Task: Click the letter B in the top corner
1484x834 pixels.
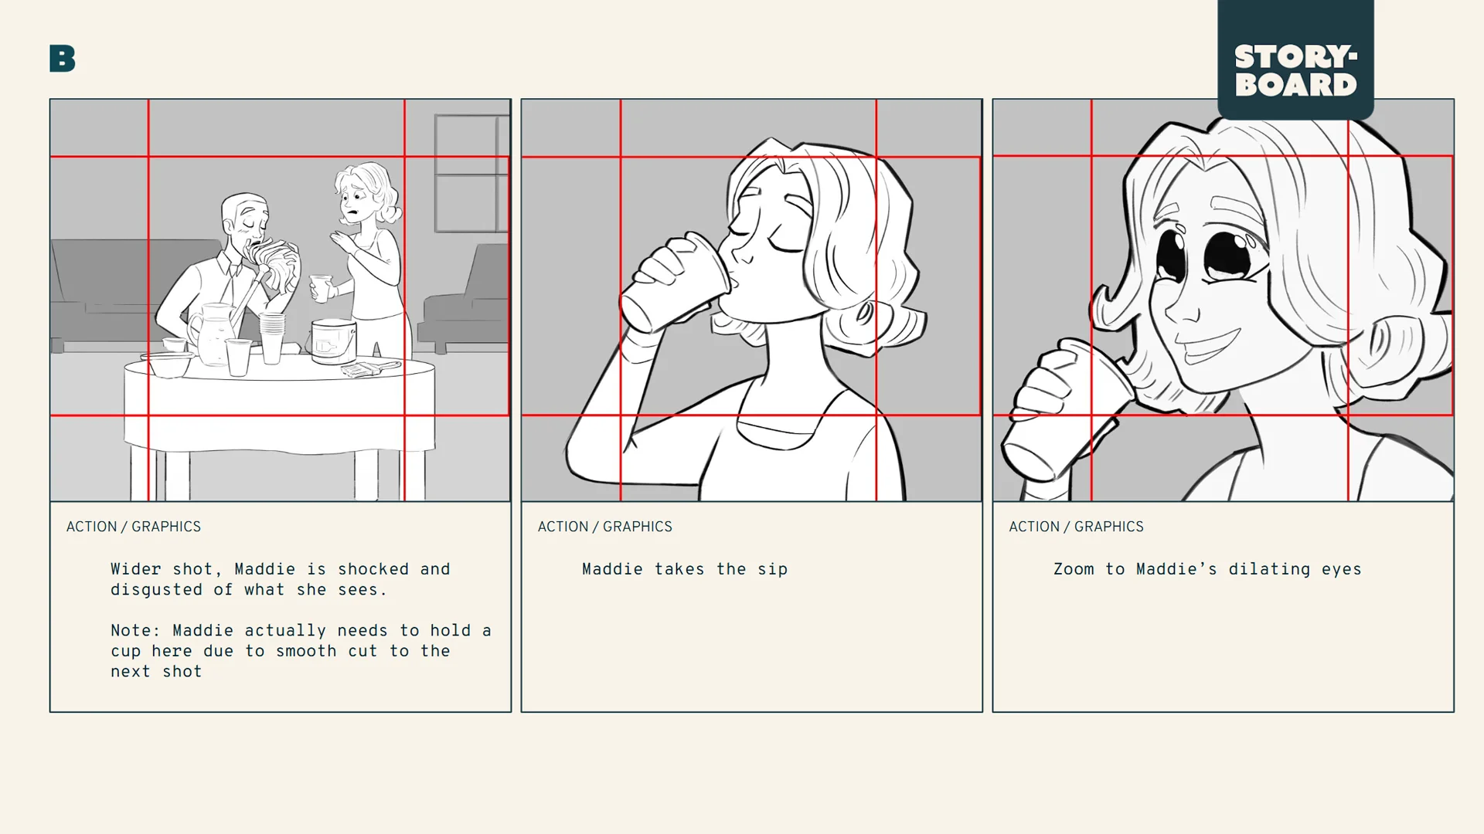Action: [62, 59]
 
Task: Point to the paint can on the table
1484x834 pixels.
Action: [333, 341]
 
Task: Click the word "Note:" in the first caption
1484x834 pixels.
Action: [135, 631]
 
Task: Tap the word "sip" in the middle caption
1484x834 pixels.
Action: [772, 570]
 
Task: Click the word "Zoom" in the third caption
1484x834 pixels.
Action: [1074, 569]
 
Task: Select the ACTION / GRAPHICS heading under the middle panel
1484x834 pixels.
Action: [604, 527]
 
